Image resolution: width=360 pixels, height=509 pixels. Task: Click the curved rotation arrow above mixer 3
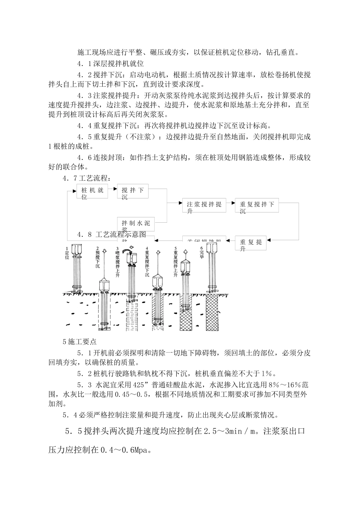(130, 248)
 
